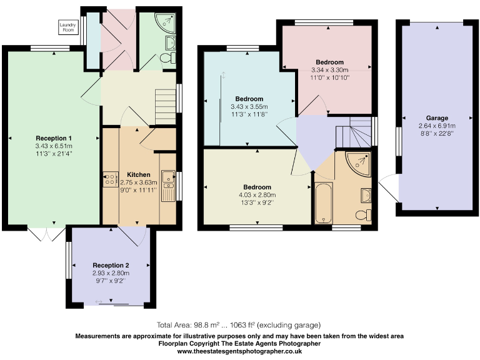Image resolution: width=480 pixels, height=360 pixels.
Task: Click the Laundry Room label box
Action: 67,27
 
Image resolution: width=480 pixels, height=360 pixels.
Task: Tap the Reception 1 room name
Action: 53,138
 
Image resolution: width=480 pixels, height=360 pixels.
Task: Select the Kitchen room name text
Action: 138,174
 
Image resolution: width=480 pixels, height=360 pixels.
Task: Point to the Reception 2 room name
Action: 111,265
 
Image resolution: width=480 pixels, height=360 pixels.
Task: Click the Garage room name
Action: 437,117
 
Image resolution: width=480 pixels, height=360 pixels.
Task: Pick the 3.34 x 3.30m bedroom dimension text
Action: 329,70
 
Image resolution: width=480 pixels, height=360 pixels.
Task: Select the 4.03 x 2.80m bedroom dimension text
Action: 257,195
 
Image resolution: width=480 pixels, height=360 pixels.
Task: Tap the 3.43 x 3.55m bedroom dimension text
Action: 249,107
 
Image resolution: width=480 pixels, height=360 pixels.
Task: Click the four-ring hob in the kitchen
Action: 107,179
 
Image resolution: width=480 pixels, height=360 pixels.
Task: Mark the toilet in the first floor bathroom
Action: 362,214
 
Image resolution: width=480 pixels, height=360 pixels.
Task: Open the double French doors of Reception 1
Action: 46,233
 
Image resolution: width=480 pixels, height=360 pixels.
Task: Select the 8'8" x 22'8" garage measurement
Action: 437,132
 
